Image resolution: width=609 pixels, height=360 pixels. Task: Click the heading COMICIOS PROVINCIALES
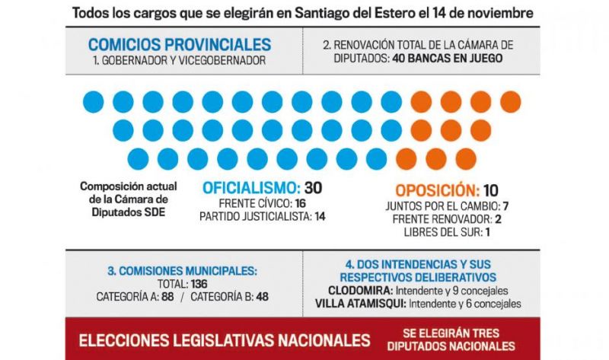pyautogui.click(x=180, y=44)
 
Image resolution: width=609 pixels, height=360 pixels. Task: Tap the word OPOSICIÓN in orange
pyautogui.click(x=426, y=190)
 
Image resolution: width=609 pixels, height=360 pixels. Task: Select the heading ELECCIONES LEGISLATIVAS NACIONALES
pyautogui.click(x=225, y=339)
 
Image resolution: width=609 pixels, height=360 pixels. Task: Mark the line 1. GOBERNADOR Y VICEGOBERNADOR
pyautogui.click(x=180, y=60)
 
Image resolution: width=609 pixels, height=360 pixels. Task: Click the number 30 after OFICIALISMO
pyautogui.click(x=312, y=188)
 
